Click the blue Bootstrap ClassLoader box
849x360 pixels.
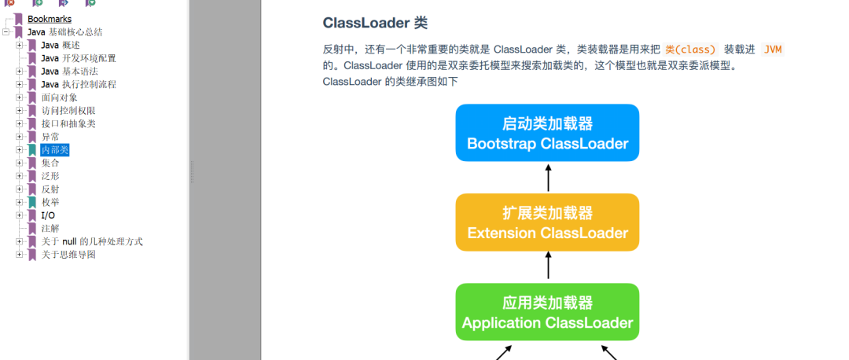click(x=547, y=133)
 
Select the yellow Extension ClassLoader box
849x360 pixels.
click(x=547, y=222)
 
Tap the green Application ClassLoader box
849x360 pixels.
click(x=547, y=312)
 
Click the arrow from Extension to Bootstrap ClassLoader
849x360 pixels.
click(x=548, y=178)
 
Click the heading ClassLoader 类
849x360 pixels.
click(x=375, y=23)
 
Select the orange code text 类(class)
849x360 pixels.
click(x=692, y=50)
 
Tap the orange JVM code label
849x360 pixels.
click(x=773, y=50)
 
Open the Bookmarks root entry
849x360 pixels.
click(x=50, y=20)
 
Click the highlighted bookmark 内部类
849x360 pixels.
click(x=55, y=150)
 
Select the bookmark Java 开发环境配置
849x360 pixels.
click(x=79, y=58)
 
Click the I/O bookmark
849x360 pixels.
click(x=48, y=215)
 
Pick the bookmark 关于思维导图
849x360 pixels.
click(x=68, y=255)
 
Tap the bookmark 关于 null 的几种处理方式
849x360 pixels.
click(x=92, y=241)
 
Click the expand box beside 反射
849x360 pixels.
click(x=20, y=189)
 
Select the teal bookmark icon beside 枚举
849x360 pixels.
click(x=32, y=203)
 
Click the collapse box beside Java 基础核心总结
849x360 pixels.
click(x=6, y=32)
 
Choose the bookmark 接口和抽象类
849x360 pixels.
click(x=68, y=124)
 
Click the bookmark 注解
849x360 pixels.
click(x=50, y=229)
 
